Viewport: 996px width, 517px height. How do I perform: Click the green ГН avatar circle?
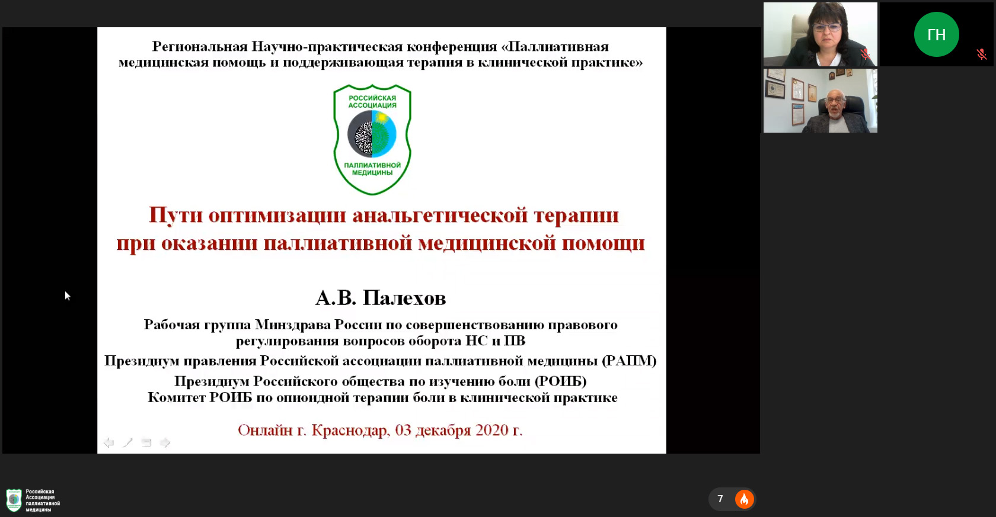tap(937, 34)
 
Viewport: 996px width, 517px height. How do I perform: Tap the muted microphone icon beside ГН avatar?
tap(982, 54)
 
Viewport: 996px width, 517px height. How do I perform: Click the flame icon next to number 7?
tap(745, 499)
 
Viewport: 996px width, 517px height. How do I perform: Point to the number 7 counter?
tap(720, 499)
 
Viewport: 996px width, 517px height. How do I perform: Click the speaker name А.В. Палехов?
tap(381, 298)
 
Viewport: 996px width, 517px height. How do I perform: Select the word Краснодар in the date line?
tap(350, 430)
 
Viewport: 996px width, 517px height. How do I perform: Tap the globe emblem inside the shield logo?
tap(372, 134)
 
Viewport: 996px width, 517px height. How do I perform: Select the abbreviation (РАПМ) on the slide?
tap(629, 361)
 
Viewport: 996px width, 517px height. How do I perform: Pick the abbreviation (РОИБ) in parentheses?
tap(560, 381)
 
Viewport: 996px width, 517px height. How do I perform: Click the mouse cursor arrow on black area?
tap(67, 296)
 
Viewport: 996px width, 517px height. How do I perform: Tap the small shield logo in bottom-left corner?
tap(14, 500)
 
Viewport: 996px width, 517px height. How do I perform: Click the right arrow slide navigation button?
tap(165, 442)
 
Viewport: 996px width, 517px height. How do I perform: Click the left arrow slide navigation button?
tap(108, 442)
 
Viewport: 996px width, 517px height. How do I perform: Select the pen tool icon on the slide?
tap(127, 442)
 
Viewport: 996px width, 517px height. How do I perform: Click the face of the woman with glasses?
tap(827, 31)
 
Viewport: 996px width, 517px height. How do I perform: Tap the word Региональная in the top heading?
tap(200, 47)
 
